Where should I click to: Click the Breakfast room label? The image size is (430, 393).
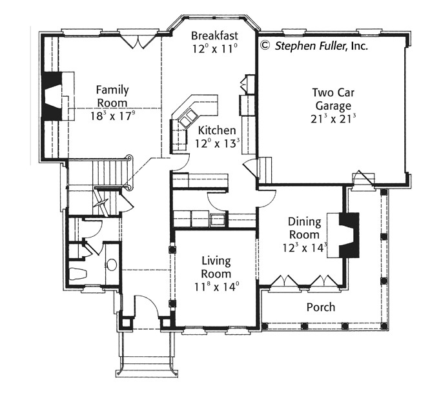click(x=214, y=36)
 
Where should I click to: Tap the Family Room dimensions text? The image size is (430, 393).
click(x=113, y=116)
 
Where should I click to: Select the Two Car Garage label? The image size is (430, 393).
click(x=333, y=99)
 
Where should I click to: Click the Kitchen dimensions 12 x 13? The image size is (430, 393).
click(x=217, y=143)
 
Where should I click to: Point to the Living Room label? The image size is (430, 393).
click(x=216, y=267)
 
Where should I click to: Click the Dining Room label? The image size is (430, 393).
click(x=304, y=228)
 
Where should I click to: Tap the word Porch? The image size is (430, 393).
click(x=321, y=307)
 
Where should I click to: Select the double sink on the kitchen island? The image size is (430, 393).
click(x=188, y=117)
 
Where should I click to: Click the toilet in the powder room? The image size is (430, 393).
click(x=78, y=274)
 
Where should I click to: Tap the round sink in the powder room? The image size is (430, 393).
click(x=111, y=265)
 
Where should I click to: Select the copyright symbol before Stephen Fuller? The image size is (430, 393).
click(x=265, y=45)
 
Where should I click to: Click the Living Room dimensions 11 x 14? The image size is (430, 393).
click(x=216, y=287)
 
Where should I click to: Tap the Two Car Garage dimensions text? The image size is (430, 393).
click(x=333, y=118)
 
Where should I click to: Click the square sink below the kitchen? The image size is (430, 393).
click(x=218, y=221)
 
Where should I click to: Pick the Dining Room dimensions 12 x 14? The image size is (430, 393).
click(x=305, y=248)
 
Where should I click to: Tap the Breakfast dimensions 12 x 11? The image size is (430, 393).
click(x=214, y=49)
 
